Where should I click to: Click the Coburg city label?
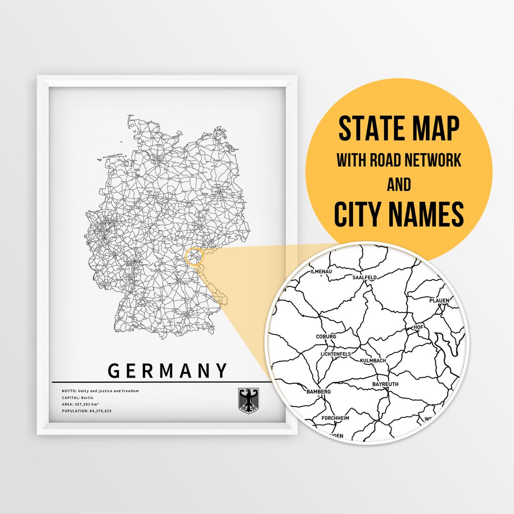coord(326,336)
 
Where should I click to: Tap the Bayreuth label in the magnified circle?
coord(385,384)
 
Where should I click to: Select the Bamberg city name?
coord(318,392)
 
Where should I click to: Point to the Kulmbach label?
coord(373,361)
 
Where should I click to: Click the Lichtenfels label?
coord(336,354)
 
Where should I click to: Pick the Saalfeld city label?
coord(365,277)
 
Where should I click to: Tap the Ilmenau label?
coord(321,271)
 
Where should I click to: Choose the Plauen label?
coord(439,300)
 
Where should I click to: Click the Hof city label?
coord(418,327)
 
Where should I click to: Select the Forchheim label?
coord(335,418)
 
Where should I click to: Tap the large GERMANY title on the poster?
coord(168,370)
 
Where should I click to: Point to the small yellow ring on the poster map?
coord(194,257)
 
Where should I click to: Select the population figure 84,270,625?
coord(100,410)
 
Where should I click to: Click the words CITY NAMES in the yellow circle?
coord(399,215)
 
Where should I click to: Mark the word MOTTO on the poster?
coord(68,391)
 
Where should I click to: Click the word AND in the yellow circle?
coord(399,184)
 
